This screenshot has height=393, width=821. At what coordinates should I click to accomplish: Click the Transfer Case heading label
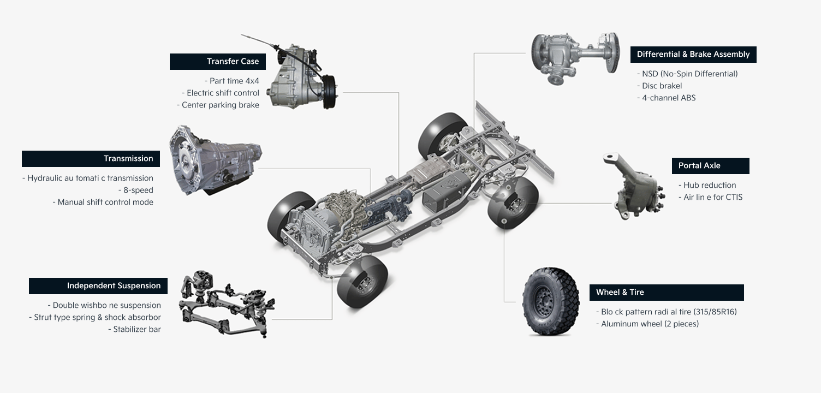point(218,62)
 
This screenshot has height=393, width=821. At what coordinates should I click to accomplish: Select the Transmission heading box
point(91,159)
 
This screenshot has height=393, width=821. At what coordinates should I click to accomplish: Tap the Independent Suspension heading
point(98,286)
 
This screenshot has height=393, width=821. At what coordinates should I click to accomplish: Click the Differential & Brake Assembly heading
point(693,55)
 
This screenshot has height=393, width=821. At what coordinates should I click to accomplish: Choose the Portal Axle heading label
point(711,166)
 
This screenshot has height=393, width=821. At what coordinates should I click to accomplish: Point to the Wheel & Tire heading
point(667,293)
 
